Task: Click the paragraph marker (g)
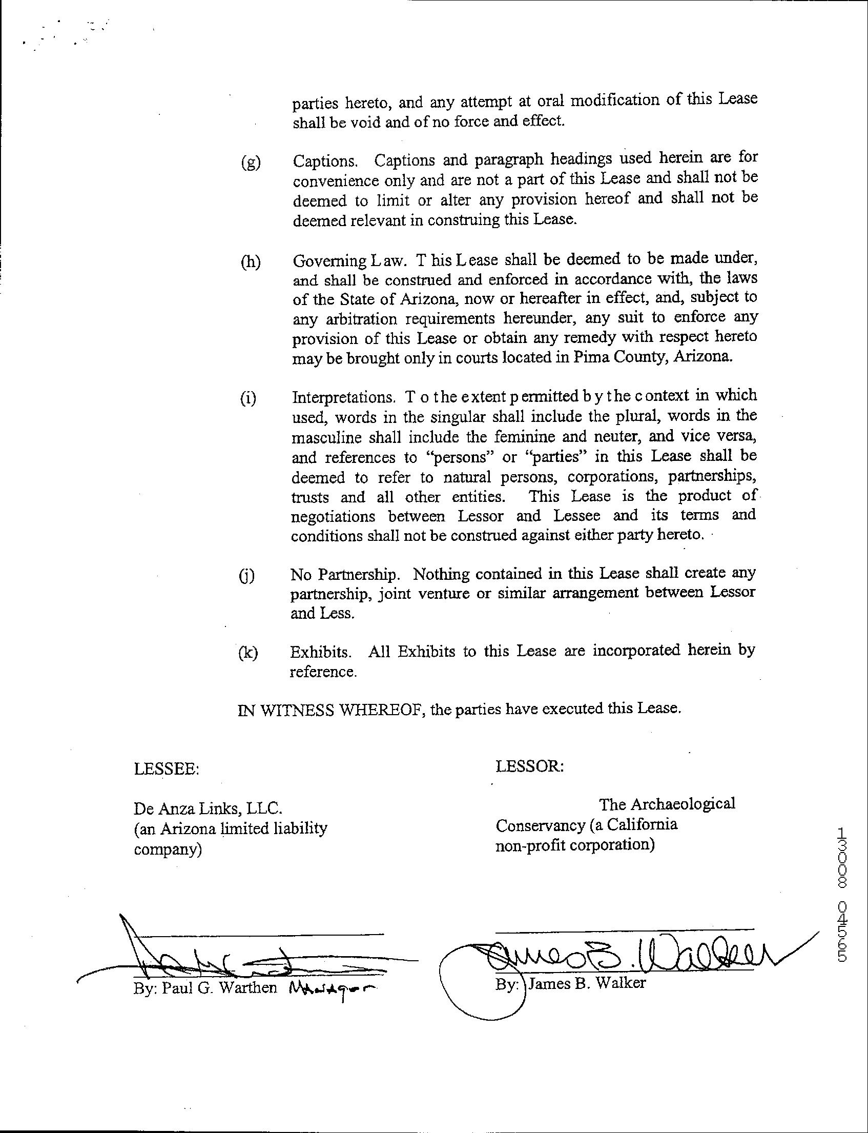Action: point(251,163)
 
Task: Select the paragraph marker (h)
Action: point(251,262)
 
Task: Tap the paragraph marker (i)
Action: point(248,398)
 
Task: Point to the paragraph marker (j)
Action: point(247,576)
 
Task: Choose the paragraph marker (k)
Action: point(248,653)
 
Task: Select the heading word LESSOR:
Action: point(530,766)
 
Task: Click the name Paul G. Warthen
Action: point(220,988)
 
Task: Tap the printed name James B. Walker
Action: point(587,983)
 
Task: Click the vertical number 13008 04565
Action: point(843,895)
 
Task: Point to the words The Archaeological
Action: point(667,804)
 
